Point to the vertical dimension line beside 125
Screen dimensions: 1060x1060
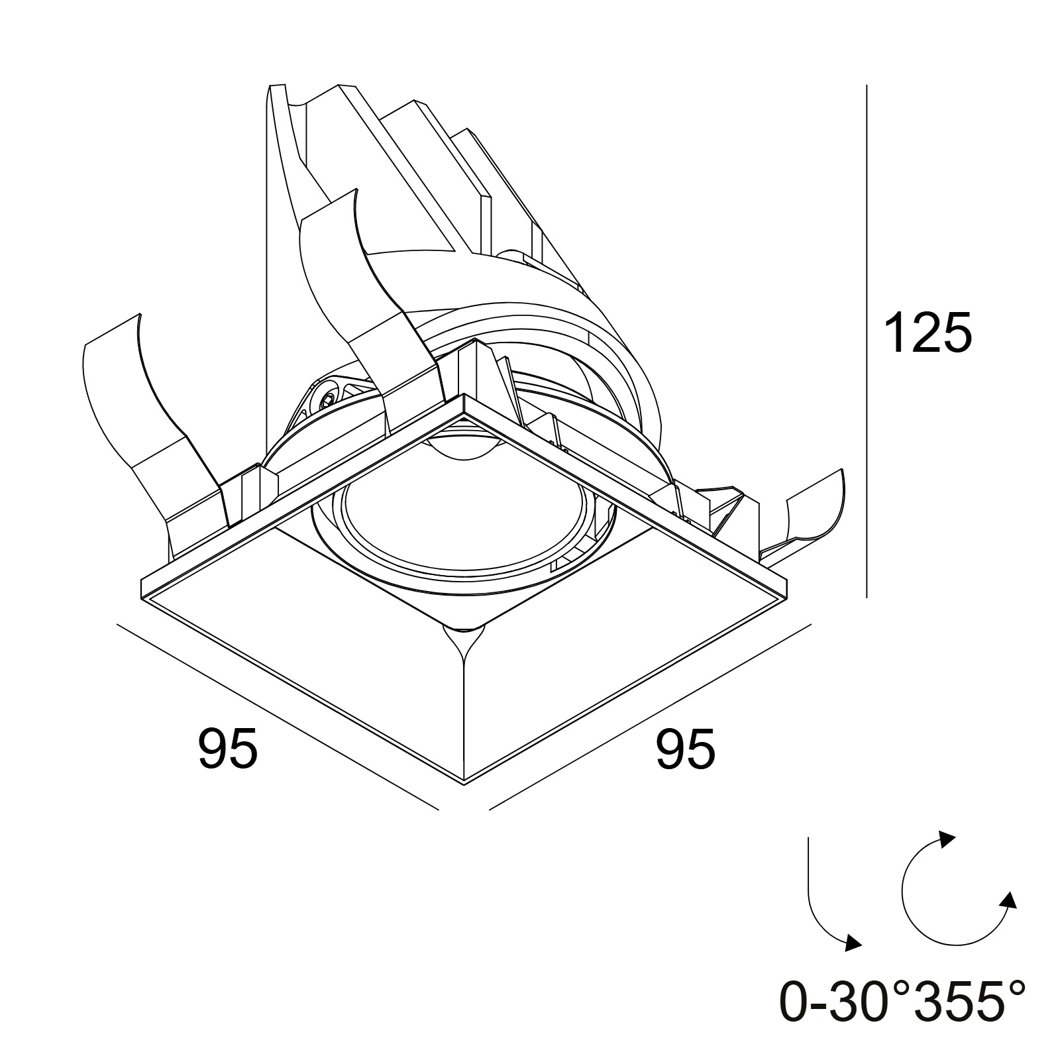867,341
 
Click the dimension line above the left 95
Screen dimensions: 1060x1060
278,716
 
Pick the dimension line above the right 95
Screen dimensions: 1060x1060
651,716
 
